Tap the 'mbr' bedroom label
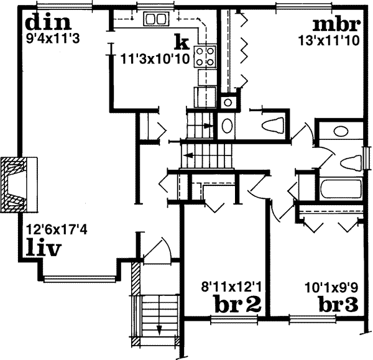pos(336,26)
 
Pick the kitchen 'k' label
pos(181,42)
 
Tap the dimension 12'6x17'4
pos(55,229)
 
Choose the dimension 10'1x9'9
pos(331,287)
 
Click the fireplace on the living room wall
pos(17,185)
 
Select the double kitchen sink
pos(155,19)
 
